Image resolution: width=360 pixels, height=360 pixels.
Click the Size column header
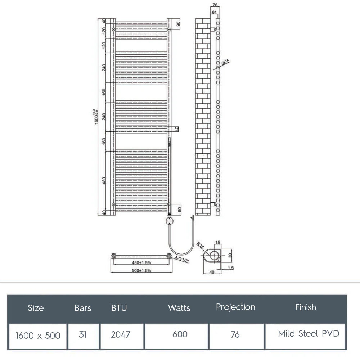point(36,308)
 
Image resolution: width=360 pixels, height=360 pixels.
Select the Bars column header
point(83,308)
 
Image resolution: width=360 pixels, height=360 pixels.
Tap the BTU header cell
point(119,308)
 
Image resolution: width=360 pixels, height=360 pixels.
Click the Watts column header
point(179,308)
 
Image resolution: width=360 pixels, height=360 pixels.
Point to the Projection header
point(235,307)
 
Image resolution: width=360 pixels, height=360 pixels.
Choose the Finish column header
point(306,307)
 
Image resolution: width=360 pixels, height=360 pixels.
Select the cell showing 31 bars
point(83,334)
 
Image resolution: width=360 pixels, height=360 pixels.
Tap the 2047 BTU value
point(121,334)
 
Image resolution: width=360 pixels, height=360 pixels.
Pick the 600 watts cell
point(180,334)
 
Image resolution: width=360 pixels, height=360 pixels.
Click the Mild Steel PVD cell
point(309,334)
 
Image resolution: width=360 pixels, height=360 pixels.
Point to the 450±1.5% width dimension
point(141,262)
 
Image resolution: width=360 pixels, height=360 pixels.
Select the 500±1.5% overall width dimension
point(141,270)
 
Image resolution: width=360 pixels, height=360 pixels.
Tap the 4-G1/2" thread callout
point(181,260)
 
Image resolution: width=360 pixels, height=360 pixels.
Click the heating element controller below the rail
point(169,220)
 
